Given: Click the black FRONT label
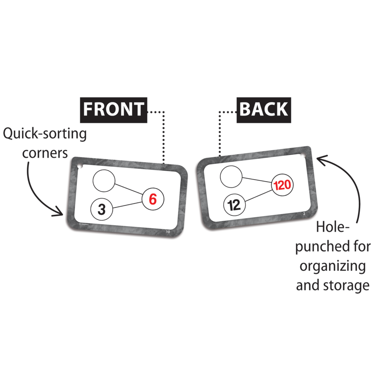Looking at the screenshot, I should pos(114,109).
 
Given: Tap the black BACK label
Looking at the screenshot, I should pos(264,109).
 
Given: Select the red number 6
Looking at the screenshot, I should pos(153,199).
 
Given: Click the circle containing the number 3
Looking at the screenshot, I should pos(101,209).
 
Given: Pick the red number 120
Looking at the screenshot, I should pos(283,185).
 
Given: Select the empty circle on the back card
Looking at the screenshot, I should pos(231,176).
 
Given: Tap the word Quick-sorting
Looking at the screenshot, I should pos(45,135).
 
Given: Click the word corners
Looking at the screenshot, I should pos(45,153).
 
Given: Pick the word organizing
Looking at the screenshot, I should pos(332,266).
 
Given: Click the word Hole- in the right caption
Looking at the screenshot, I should pos(332,227).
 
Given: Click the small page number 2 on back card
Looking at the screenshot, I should pos(304,214).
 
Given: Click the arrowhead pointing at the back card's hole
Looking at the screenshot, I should pos(320,158).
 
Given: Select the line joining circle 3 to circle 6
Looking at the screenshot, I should pos(127,204).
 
